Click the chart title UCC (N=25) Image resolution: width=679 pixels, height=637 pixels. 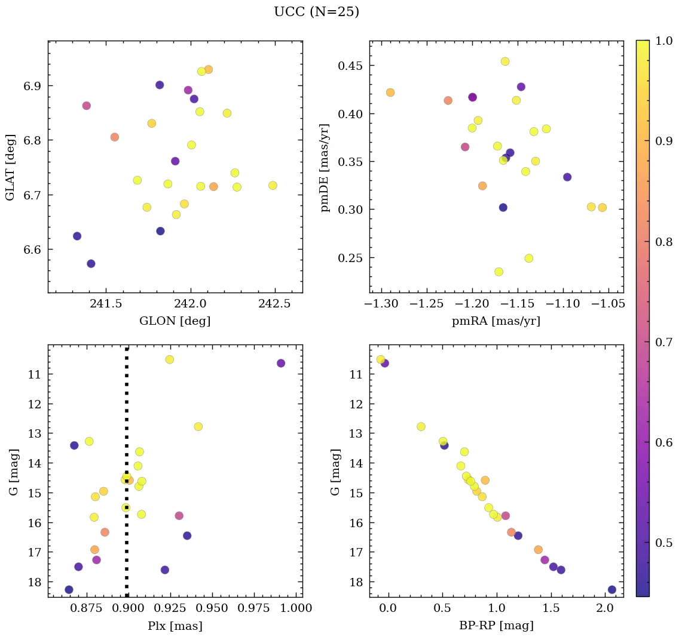[316, 12]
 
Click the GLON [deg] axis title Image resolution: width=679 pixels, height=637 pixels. [175, 321]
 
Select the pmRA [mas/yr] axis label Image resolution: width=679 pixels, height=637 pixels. [496, 321]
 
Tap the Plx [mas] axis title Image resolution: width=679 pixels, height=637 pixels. [175, 626]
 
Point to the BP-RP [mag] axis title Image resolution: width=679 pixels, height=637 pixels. [496, 626]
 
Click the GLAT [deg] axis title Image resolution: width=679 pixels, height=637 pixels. [10, 167]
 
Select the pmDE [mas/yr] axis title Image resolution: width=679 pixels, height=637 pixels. [325, 167]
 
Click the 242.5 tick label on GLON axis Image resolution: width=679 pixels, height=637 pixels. [276, 304]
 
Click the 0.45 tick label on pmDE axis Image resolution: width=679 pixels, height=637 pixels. [350, 66]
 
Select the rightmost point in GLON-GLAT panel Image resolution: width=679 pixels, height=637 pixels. [273, 186]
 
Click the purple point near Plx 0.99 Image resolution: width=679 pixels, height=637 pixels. [281, 363]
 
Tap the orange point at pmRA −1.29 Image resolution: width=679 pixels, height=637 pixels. [390, 93]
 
